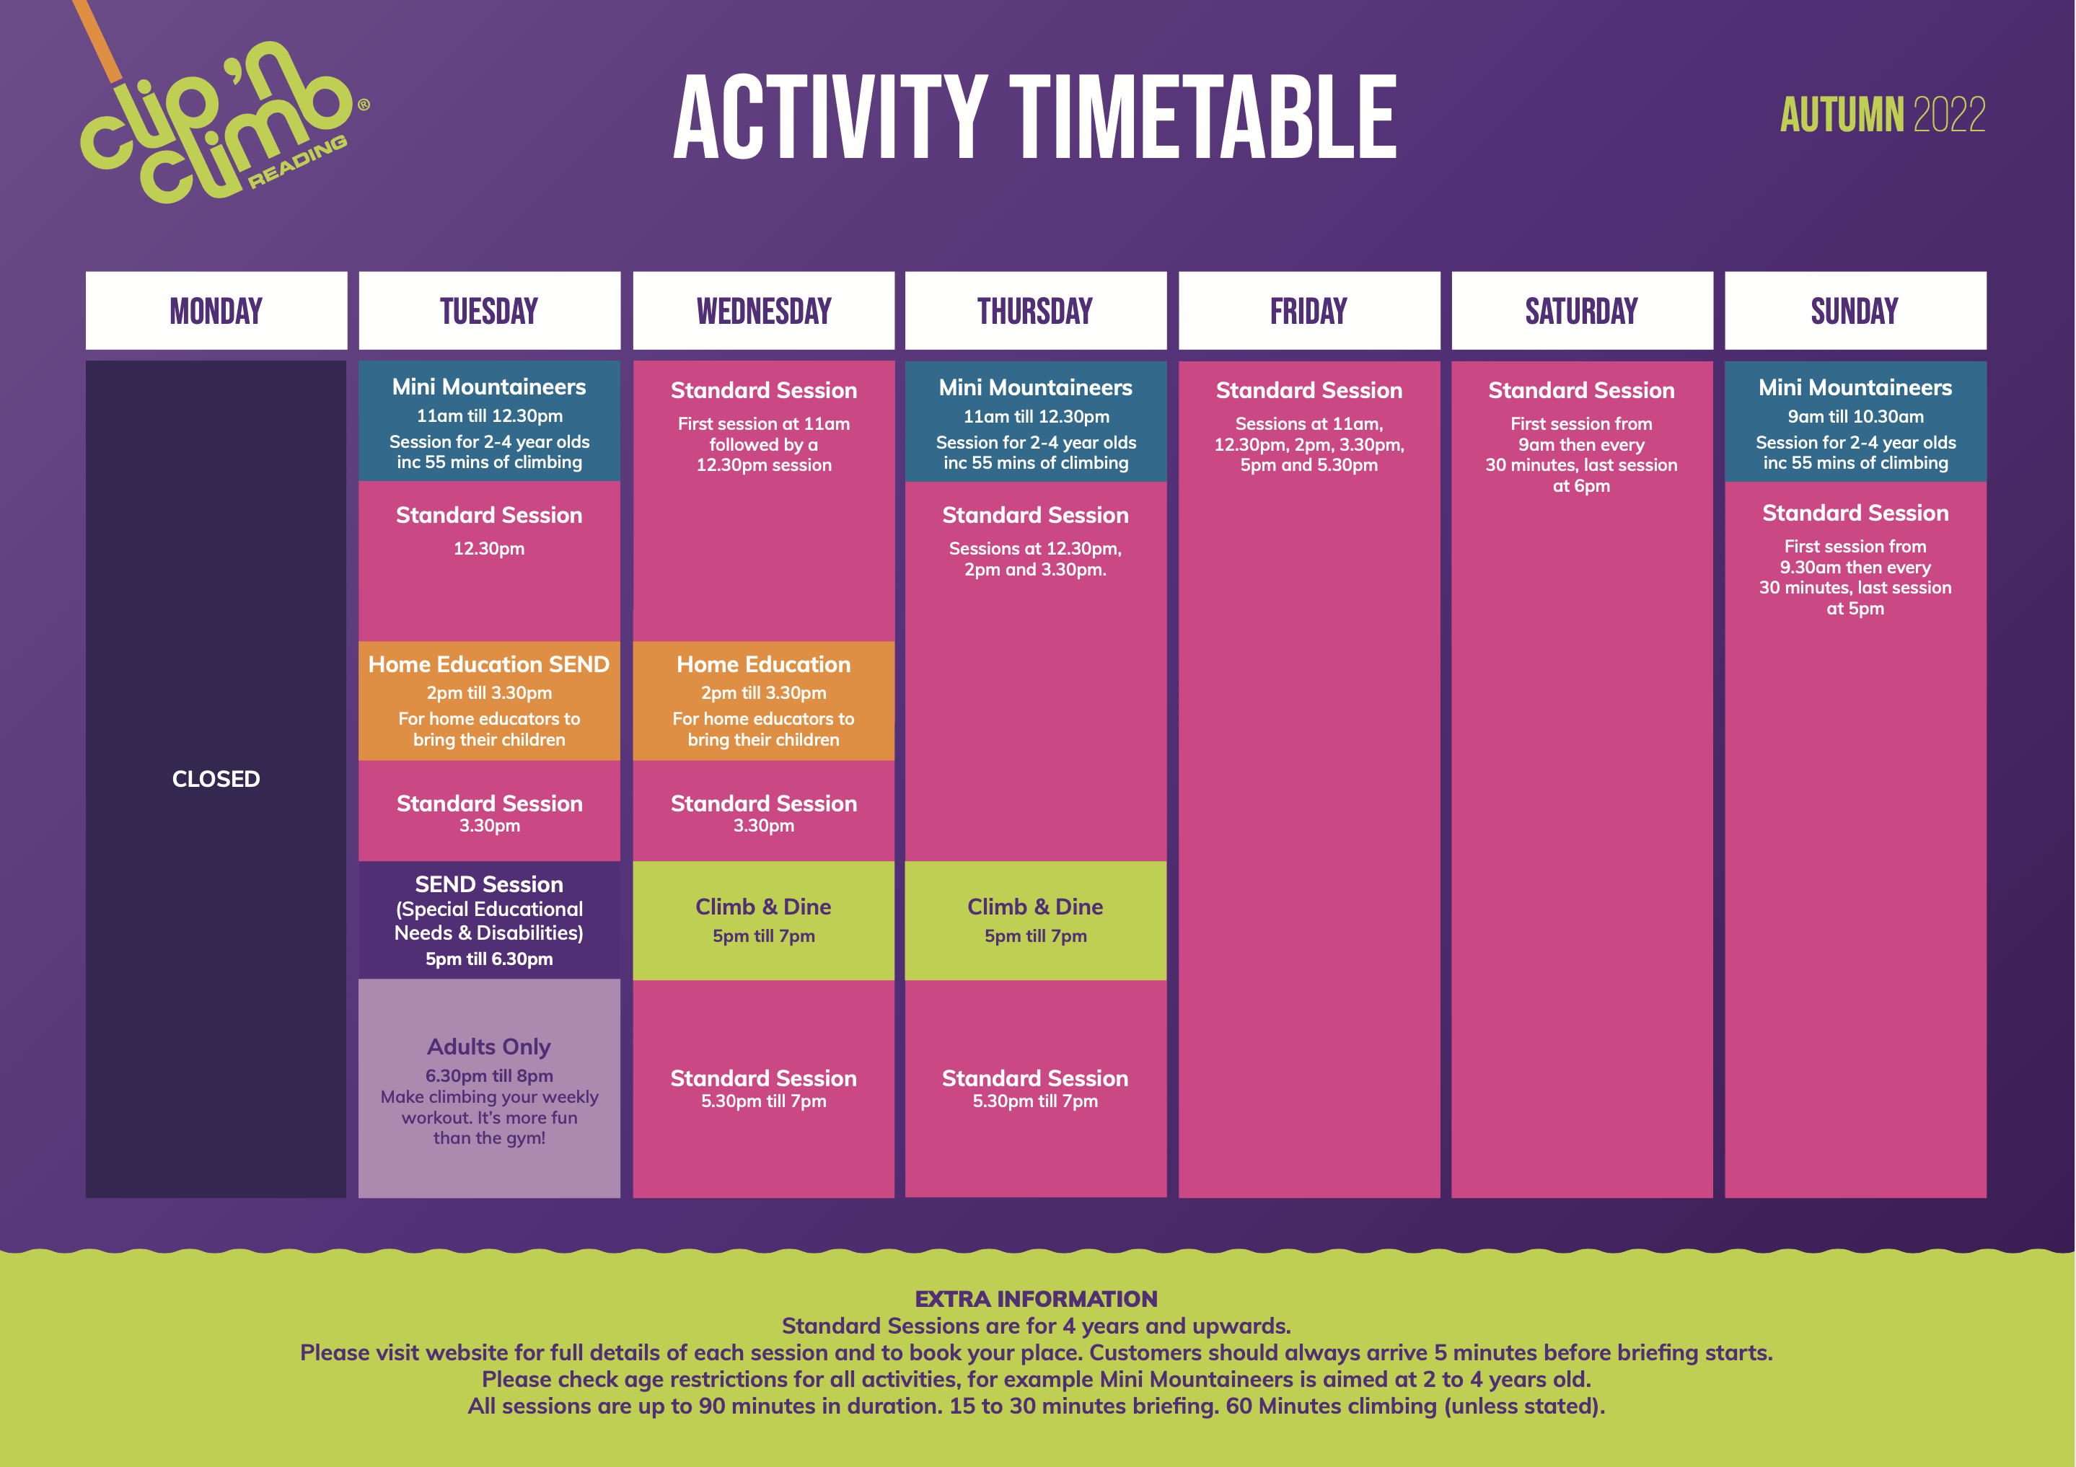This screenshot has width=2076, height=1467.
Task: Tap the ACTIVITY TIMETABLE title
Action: coord(1035,118)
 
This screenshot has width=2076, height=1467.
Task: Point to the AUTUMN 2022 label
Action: coord(1883,115)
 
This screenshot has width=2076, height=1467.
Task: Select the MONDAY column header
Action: coord(216,310)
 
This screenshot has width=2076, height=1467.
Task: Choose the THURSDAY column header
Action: coord(1035,310)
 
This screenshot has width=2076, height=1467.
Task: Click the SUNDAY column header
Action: coord(1855,310)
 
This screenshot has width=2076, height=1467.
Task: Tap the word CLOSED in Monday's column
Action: coord(216,779)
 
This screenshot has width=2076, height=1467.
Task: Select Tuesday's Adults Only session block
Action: coord(489,1088)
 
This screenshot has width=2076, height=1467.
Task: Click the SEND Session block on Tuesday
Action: coord(489,920)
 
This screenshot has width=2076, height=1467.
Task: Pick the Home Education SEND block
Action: coord(489,700)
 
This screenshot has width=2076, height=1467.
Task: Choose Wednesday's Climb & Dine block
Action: coord(763,920)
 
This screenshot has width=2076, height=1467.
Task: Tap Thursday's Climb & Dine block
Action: coord(1035,920)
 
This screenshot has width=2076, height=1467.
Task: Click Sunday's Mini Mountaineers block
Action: coord(1855,421)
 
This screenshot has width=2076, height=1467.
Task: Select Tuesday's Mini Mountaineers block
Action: coord(489,420)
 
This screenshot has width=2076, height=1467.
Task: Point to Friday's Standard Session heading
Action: coord(1309,390)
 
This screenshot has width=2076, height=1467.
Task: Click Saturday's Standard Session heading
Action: coord(1581,390)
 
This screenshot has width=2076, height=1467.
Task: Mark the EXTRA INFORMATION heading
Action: coord(1036,1299)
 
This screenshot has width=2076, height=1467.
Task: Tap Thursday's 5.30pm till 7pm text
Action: coord(1035,1101)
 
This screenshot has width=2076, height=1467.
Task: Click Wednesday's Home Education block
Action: coord(763,700)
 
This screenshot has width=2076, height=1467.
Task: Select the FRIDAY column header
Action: coord(1309,310)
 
